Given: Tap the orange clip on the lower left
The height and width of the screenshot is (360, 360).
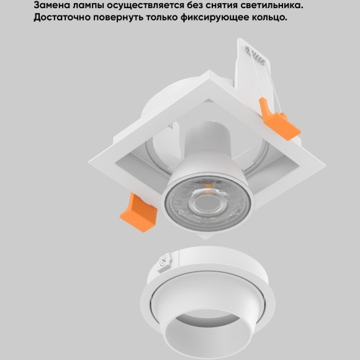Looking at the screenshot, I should point(140,213).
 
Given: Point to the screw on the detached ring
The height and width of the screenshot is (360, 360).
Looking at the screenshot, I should point(164,263).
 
